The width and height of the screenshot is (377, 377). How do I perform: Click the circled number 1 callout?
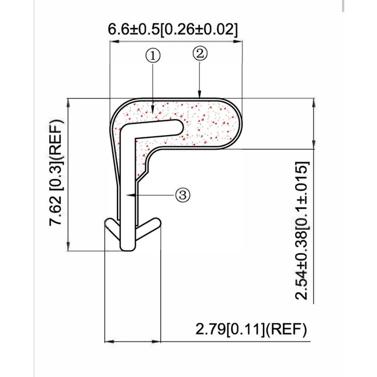[x=153, y=56]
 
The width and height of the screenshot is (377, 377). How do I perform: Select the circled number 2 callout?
[x=200, y=53]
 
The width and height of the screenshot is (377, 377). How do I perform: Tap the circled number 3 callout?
[x=183, y=195]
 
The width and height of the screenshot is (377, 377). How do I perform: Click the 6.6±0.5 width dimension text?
[x=172, y=29]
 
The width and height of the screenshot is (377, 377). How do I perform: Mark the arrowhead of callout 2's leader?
[x=200, y=95]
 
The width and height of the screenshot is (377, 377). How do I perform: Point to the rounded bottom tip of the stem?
[x=127, y=248]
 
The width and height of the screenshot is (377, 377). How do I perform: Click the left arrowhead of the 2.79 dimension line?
[x=106, y=341]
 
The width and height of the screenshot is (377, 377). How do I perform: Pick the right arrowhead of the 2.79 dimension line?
[x=158, y=341]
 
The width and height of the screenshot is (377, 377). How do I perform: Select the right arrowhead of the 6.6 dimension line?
[x=239, y=41]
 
